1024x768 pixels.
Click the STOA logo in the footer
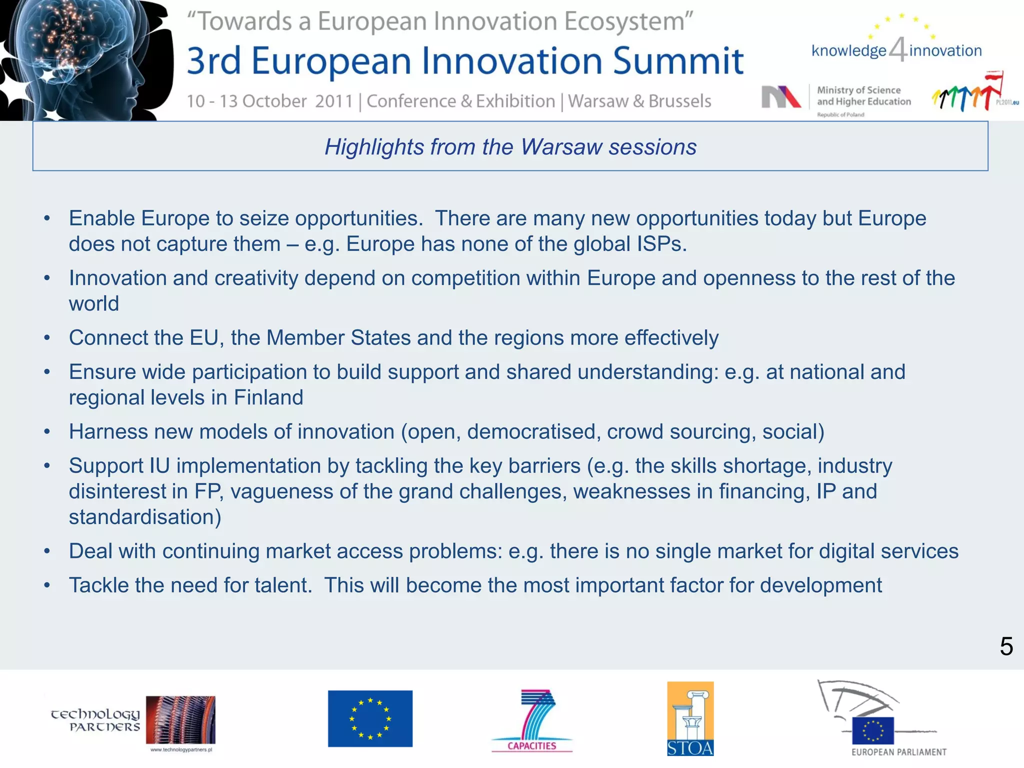click(x=690, y=718)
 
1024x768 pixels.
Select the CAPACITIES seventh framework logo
click(x=532, y=720)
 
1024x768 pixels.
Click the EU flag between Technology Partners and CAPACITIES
click(x=370, y=718)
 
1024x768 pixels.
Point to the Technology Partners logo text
click(x=95, y=720)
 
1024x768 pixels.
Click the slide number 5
click(x=1006, y=646)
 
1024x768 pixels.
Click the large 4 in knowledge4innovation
click(x=898, y=49)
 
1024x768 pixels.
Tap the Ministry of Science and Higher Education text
click(x=863, y=96)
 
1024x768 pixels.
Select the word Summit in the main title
click(x=678, y=61)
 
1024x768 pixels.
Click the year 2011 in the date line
click(x=334, y=101)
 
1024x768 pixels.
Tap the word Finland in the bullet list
click(x=268, y=398)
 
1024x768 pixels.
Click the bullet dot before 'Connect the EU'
click(x=47, y=338)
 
